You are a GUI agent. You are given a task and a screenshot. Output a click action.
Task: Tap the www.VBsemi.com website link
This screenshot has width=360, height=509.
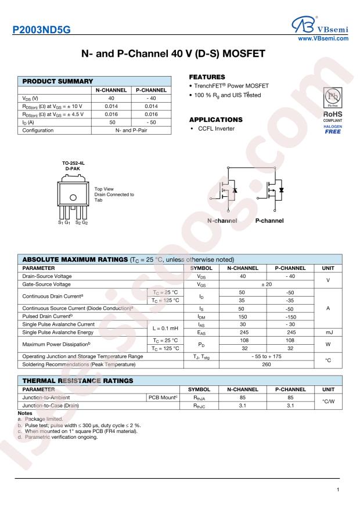pos(322,39)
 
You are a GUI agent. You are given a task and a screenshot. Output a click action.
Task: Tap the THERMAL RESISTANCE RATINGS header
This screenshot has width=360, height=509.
pos(75,380)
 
